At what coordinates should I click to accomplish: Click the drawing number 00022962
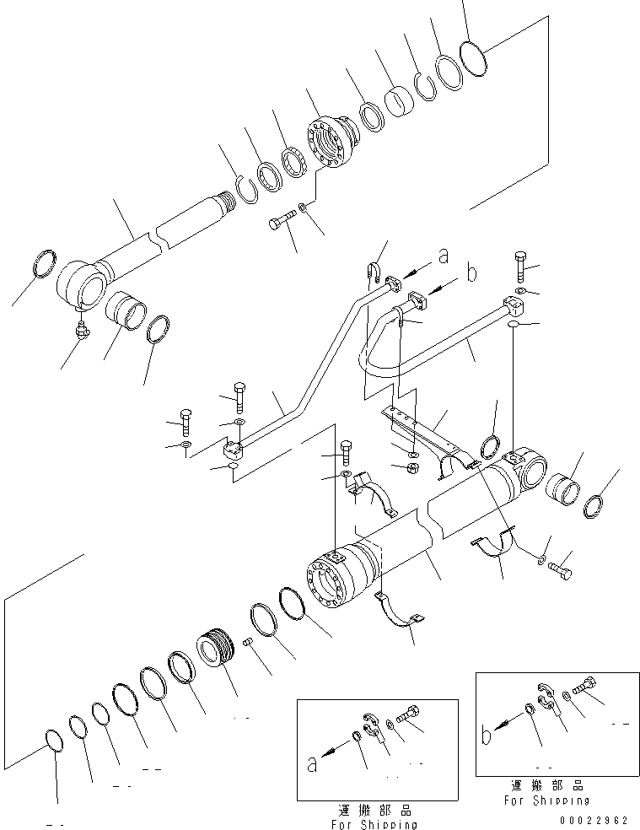click(594, 819)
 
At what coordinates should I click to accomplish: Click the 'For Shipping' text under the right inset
click(546, 800)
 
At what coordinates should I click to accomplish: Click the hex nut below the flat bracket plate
click(414, 467)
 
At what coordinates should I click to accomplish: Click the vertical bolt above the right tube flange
click(519, 266)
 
